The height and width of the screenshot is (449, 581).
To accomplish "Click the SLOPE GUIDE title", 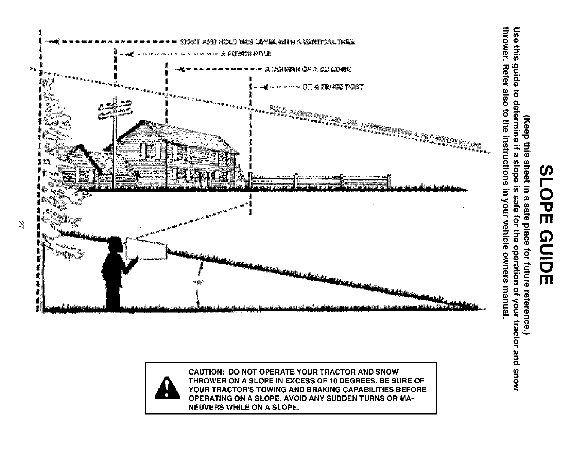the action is [x=545, y=224].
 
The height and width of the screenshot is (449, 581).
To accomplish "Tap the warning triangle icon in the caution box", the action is [x=167, y=388].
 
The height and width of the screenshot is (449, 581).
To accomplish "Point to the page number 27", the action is [x=21, y=224].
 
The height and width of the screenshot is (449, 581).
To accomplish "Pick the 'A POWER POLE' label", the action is [x=246, y=55].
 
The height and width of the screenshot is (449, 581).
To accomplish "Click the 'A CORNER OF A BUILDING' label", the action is [x=308, y=69].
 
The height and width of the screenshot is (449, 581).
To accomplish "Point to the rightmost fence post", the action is [x=389, y=180].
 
